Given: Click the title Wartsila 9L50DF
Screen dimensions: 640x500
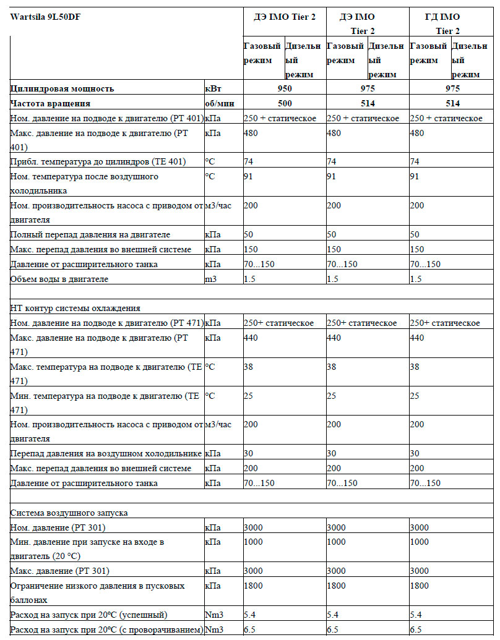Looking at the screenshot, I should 46,17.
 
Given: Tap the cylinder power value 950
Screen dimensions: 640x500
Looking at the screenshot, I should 284,89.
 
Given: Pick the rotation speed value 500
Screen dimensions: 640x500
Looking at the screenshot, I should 284,103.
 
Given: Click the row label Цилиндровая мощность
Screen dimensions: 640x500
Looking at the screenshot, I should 62,89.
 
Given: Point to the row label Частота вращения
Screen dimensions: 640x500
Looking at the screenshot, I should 50,103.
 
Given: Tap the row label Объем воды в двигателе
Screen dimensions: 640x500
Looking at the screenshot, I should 59,279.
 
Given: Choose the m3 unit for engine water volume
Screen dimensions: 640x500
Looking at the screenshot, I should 211,279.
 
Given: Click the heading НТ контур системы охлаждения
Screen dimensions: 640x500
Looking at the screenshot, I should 75,308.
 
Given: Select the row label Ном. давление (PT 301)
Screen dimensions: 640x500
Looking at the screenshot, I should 58,527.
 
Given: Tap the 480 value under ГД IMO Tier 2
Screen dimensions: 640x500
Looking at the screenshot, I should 418,133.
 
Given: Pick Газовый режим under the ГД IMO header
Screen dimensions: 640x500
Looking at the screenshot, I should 428,53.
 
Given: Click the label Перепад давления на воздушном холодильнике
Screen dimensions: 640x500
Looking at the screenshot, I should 106,453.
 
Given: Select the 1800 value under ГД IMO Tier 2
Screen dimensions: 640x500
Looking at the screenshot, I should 420,585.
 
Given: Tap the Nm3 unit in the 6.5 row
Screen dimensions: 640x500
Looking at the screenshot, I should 213,629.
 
